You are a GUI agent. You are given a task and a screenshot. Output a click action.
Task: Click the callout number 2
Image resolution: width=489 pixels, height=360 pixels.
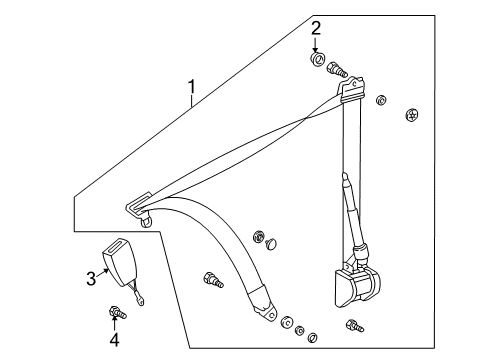click(x=316, y=28)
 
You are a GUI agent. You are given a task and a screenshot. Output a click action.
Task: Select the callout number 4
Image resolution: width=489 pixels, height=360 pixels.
click(x=113, y=339)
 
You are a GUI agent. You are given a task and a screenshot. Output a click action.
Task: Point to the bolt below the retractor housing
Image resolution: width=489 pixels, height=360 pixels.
click(x=353, y=325)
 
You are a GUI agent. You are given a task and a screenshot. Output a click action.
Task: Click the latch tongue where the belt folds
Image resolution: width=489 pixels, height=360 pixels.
click(x=137, y=209)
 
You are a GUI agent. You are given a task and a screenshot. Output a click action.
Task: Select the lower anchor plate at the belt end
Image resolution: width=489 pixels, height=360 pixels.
click(x=267, y=309)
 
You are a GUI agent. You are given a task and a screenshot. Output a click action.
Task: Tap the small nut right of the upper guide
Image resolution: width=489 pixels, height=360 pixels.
click(x=380, y=100)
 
